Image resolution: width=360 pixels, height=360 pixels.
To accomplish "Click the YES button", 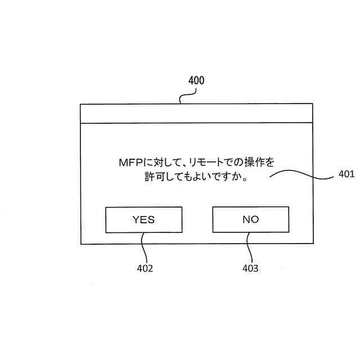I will (x=143, y=219).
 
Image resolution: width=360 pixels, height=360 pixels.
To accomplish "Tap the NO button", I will (x=250, y=219).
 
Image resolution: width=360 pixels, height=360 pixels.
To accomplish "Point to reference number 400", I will (x=196, y=80).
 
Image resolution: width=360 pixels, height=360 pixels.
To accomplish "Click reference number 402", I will (x=145, y=268).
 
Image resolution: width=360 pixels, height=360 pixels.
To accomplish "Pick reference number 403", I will (x=250, y=268).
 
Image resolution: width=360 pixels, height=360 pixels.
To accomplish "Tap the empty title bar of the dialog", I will (x=196, y=113).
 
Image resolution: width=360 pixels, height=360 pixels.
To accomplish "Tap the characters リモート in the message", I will (x=204, y=163).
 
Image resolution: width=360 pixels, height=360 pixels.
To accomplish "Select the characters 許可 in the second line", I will (x=150, y=177).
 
